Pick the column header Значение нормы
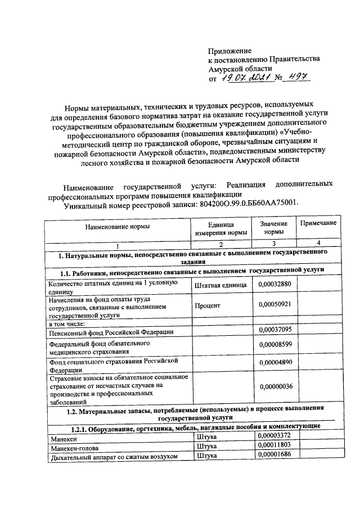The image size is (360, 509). (x=274, y=227)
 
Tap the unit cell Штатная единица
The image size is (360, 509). (x=220, y=285)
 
